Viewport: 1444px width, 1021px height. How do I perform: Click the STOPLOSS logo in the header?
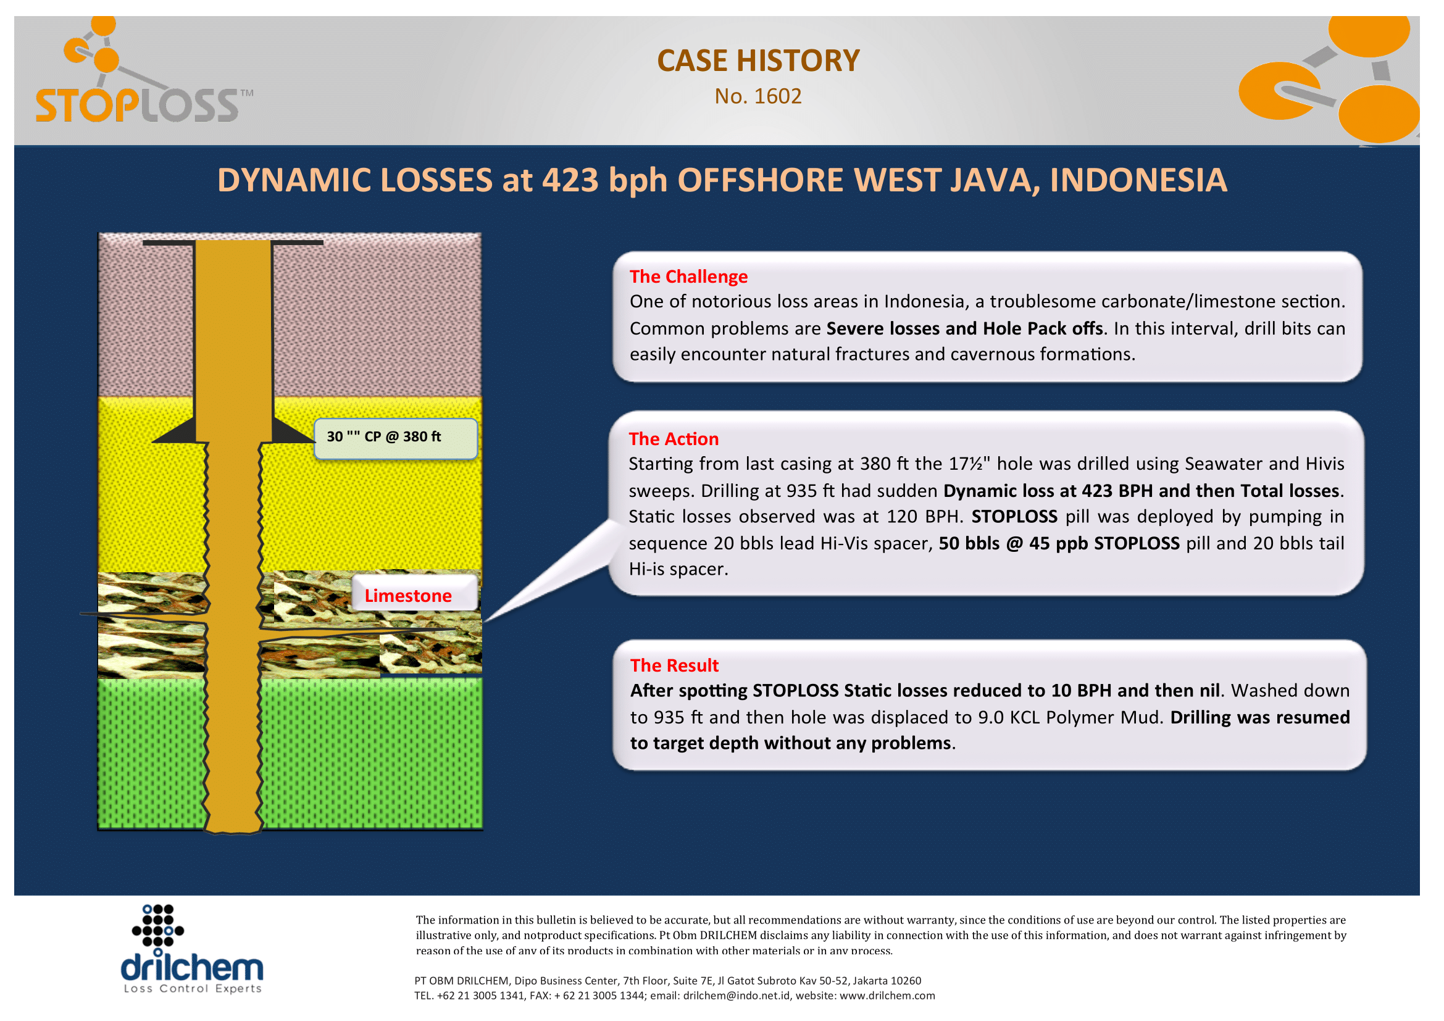point(143,70)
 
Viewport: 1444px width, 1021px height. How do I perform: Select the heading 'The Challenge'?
point(689,277)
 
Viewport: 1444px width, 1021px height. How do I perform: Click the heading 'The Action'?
point(674,439)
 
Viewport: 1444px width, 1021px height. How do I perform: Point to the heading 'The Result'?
point(674,665)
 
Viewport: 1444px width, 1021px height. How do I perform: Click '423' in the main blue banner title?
point(570,180)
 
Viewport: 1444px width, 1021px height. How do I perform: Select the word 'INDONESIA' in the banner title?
point(1138,180)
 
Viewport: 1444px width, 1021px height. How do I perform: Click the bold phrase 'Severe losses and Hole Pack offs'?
point(965,328)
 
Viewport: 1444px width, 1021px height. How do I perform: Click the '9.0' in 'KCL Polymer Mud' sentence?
point(991,717)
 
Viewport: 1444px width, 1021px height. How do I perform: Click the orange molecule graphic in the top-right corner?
point(1330,80)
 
